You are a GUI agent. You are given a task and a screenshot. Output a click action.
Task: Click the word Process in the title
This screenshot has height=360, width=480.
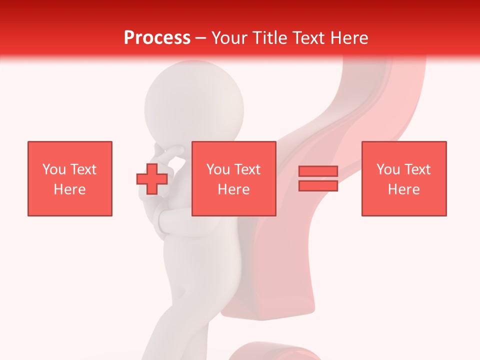coord(157,38)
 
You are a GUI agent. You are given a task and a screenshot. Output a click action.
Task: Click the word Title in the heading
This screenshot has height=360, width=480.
coord(269,38)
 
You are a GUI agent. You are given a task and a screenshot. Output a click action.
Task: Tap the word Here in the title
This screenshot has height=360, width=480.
coord(347,38)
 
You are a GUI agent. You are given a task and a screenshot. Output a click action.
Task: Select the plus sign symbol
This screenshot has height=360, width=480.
coord(152,178)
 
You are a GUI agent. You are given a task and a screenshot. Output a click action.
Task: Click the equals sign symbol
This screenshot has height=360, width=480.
coord(318,178)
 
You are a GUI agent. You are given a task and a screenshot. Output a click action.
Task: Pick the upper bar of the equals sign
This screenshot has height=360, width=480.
coord(318,171)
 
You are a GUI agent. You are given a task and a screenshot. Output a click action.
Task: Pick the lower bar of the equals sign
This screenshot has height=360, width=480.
coord(318,185)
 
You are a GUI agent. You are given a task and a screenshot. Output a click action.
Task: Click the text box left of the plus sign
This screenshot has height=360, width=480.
coord(70,178)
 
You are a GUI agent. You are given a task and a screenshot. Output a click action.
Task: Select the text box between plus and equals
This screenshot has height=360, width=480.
coord(233,178)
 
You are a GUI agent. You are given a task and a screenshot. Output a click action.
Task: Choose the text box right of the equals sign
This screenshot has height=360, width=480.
coord(404,178)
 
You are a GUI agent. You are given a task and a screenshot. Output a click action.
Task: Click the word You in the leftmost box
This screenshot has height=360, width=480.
coord(54,169)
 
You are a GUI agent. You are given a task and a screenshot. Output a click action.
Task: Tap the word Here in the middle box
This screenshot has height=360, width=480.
coord(233,189)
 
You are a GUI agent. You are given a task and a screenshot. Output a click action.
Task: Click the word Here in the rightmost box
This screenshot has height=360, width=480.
coord(404,189)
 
